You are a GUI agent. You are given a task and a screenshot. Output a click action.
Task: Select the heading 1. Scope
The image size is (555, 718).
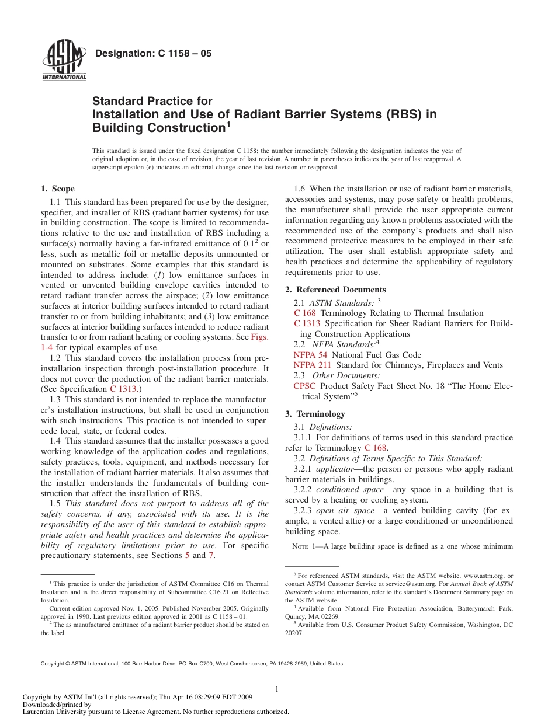(x=57, y=189)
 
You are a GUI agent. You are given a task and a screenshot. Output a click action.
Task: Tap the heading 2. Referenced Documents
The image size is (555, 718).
(x=335, y=290)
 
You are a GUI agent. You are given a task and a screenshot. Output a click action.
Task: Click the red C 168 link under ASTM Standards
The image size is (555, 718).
(x=305, y=313)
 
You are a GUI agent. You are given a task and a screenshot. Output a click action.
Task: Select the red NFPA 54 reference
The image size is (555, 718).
(x=310, y=355)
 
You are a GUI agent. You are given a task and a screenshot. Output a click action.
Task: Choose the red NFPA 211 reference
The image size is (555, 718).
(x=312, y=365)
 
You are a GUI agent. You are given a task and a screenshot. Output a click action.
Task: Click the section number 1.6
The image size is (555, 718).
(x=300, y=189)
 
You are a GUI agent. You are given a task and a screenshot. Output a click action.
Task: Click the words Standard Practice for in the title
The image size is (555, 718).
(x=152, y=102)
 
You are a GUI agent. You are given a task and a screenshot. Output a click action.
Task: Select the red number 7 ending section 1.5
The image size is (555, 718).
(x=211, y=556)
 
